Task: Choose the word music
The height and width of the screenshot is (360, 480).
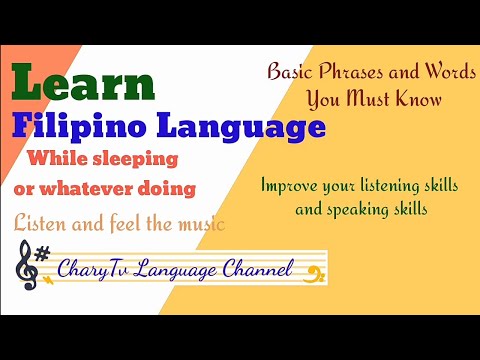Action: click(x=197, y=224)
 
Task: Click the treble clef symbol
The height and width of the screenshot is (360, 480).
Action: click(x=25, y=267)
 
